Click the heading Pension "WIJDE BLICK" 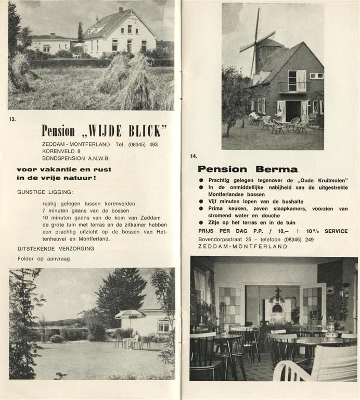(104, 130)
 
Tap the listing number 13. (12, 119)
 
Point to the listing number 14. (194, 156)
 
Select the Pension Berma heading (248, 169)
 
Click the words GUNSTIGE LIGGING (45, 192)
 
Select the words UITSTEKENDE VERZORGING (56, 248)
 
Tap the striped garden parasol (130, 315)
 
